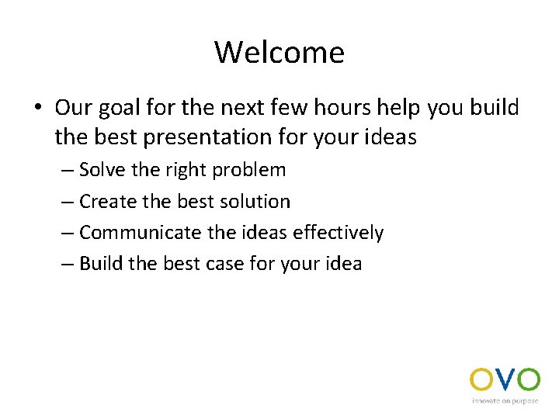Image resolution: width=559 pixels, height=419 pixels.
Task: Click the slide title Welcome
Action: pos(279,53)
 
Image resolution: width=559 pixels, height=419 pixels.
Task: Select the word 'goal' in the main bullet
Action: pos(120,108)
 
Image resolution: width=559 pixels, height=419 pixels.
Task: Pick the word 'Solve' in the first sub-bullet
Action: pos(100,170)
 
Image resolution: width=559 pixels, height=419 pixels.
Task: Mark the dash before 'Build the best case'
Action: pos(67,265)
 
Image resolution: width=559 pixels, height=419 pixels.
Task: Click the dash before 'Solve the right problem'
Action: pos(67,171)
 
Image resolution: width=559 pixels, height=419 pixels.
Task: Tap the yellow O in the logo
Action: pos(482,379)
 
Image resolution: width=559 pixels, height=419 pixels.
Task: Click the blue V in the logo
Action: pos(505,379)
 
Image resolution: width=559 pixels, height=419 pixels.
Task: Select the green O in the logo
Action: pos(528,379)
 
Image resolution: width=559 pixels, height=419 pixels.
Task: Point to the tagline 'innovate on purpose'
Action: pos(505,401)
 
